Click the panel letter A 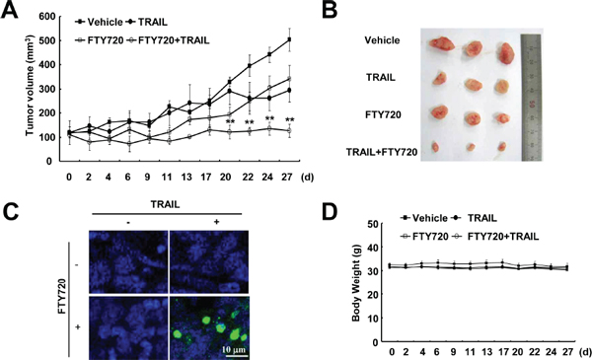click(x=10, y=10)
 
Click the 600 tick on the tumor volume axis click(x=46, y=17)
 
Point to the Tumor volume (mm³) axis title click(x=31, y=86)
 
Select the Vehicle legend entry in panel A click(x=100, y=23)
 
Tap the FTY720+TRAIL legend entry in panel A click(x=169, y=40)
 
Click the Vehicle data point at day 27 click(x=289, y=39)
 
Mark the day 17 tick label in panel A click(x=206, y=177)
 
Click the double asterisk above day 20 click(x=230, y=122)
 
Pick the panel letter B click(x=330, y=10)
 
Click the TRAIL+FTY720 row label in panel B click(x=382, y=152)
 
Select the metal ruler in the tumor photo click(x=531, y=98)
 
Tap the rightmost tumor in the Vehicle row click(x=505, y=53)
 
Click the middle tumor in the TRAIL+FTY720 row click(x=471, y=147)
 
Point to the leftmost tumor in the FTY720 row click(x=439, y=113)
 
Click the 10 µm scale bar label click(x=234, y=349)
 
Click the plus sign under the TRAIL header click(x=216, y=222)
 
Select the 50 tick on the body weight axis click(x=373, y=224)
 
